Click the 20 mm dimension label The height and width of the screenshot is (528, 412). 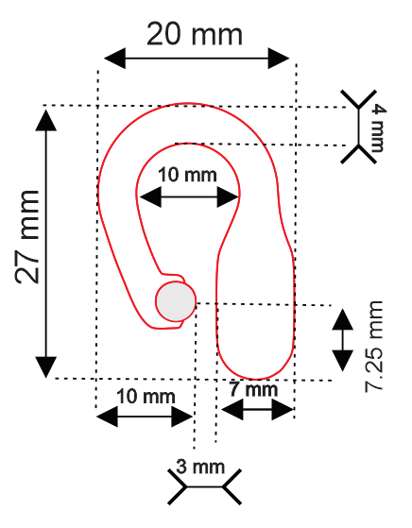pos(195,34)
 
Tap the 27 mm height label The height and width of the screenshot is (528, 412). pos(27,237)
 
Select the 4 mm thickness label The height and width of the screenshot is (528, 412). pos(377,128)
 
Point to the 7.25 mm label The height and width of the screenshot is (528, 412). pos(374,347)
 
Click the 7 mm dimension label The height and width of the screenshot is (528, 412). pos(254,389)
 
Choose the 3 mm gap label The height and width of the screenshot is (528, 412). pos(200,467)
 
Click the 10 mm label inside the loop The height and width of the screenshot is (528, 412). pos(187,175)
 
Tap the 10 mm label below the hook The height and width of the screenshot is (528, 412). pos(146,397)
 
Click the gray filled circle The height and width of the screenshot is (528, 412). pos(176,301)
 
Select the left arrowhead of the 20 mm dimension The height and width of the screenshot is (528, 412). pos(115,59)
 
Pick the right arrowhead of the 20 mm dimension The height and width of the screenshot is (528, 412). pos(279,59)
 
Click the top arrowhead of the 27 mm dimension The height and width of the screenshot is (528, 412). pos(45,120)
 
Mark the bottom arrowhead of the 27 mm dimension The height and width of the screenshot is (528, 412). pos(45,367)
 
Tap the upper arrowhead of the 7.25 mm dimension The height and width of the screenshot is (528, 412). pos(343,319)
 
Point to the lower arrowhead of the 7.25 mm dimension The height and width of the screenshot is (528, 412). pos(343,361)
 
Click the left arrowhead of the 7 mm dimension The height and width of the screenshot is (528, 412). pos(232,410)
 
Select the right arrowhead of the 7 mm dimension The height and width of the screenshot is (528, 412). pos(283,410)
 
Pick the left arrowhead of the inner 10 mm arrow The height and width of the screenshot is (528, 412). pos(150,197)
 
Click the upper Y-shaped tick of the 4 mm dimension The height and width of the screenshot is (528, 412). pos(358,99)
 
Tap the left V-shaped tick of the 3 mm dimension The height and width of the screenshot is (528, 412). pos(178,487)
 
